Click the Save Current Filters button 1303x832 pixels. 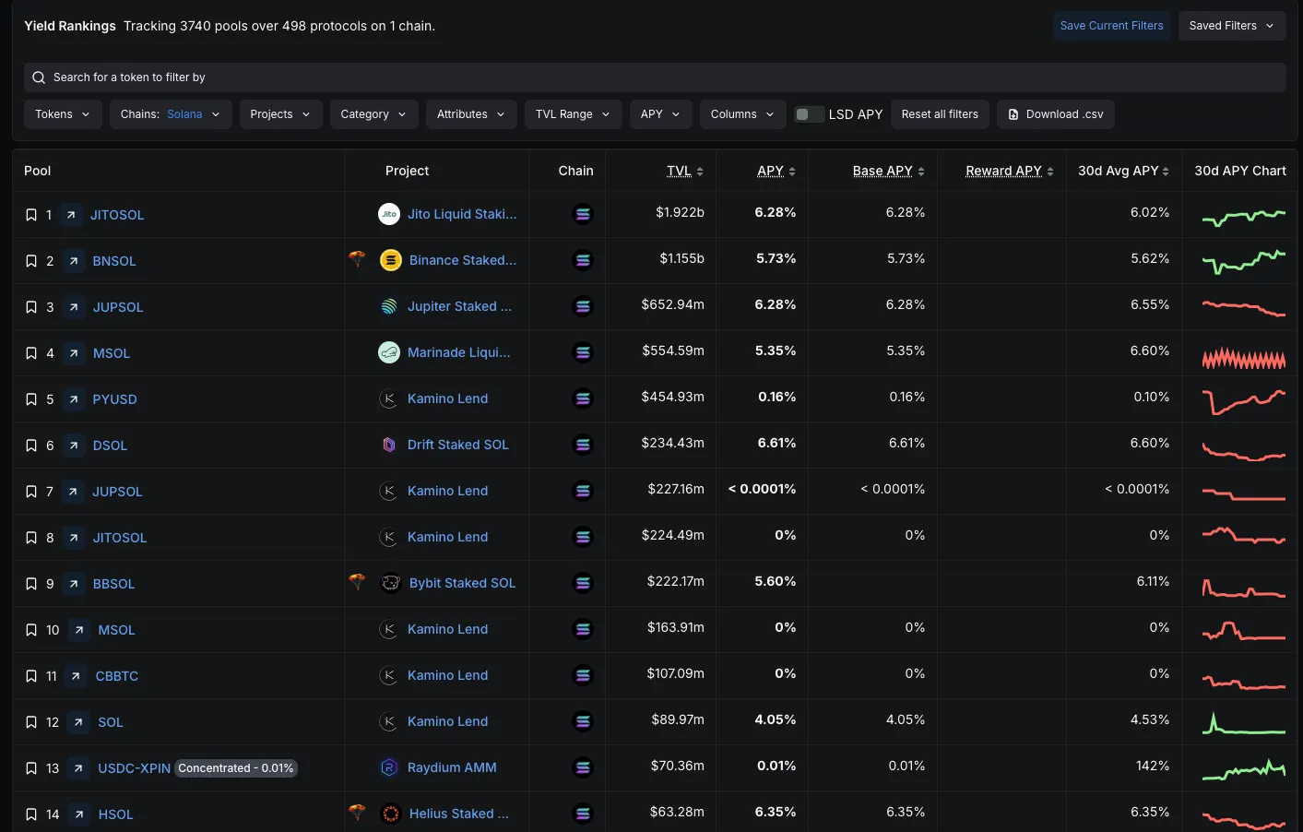pyautogui.click(x=1111, y=26)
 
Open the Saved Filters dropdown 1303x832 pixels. pyautogui.click(x=1231, y=26)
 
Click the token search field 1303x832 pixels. pyautogui.click(x=655, y=77)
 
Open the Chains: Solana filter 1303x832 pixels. pyautogui.click(x=171, y=114)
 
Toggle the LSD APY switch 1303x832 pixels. pyautogui.click(x=809, y=114)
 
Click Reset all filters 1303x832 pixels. pyautogui.click(x=940, y=114)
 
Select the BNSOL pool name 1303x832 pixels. pyautogui.click(x=114, y=261)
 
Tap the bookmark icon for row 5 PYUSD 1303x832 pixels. pyautogui.click(x=31, y=399)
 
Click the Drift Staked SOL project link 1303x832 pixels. pyautogui.click(x=457, y=445)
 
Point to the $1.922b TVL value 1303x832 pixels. pyautogui.click(x=680, y=212)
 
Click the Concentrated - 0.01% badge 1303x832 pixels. pyautogui.click(x=235, y=768)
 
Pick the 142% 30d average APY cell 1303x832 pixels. pyautogui.click(x=1153, y=766)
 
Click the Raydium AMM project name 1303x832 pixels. pyautogui.click(x=452, y=767)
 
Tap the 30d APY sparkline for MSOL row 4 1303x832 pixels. pyautogui.click(x=1244, y=358)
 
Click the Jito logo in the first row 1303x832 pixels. pyautogui.click(x=388, y=214)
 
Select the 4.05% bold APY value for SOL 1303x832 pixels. pyautogui.click(x=775, y=719)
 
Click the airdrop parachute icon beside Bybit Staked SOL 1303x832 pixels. pyautogui.click(x=357, y=581)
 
